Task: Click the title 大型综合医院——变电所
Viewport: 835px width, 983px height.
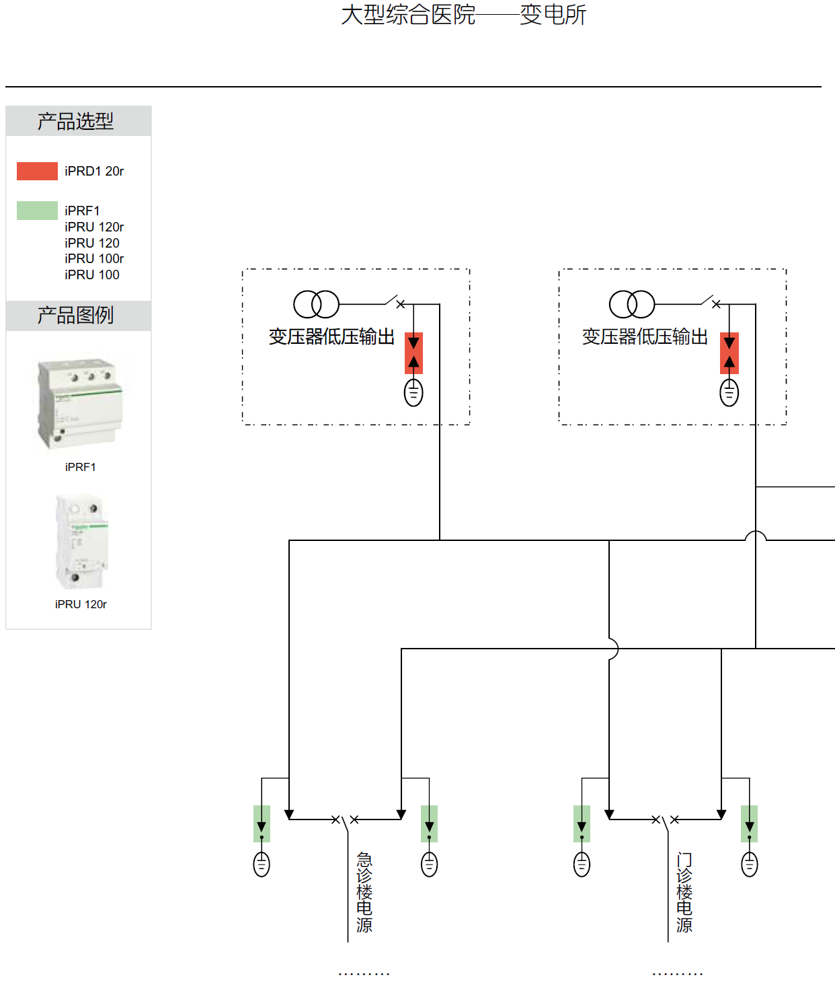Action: pos(463,15)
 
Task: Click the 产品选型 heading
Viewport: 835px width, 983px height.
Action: pos(75,121)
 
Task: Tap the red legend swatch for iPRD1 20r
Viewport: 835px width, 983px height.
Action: pos(37,171)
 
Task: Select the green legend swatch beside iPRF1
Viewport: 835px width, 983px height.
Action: pos(37,211)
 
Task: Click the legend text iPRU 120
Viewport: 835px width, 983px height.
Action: pos(92,243)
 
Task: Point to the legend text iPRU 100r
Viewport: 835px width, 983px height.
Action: pos(94,258)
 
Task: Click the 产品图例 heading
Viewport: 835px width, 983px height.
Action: pos(75,315)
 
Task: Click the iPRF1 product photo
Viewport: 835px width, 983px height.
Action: pos(80,404)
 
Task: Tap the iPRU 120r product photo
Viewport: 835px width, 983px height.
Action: pos(81,542)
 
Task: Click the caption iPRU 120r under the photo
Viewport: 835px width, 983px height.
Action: pos(81,604)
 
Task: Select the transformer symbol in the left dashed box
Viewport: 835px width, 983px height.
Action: pos(316,304)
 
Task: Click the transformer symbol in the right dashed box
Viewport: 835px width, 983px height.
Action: pos(631,304)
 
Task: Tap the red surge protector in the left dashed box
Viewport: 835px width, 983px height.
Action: pos(413,353)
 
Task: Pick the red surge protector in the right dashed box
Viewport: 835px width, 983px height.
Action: pos(729,353)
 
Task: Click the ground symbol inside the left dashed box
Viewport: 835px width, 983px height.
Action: pos(413,392)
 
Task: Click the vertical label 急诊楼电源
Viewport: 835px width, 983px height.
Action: pos(364,892)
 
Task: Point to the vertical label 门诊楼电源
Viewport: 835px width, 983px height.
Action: pos(684,892)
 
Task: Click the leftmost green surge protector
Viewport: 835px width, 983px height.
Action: pos(262,824)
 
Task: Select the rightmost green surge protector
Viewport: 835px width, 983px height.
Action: pos(749,824)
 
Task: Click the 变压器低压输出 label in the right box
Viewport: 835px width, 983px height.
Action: pos(645,336)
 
